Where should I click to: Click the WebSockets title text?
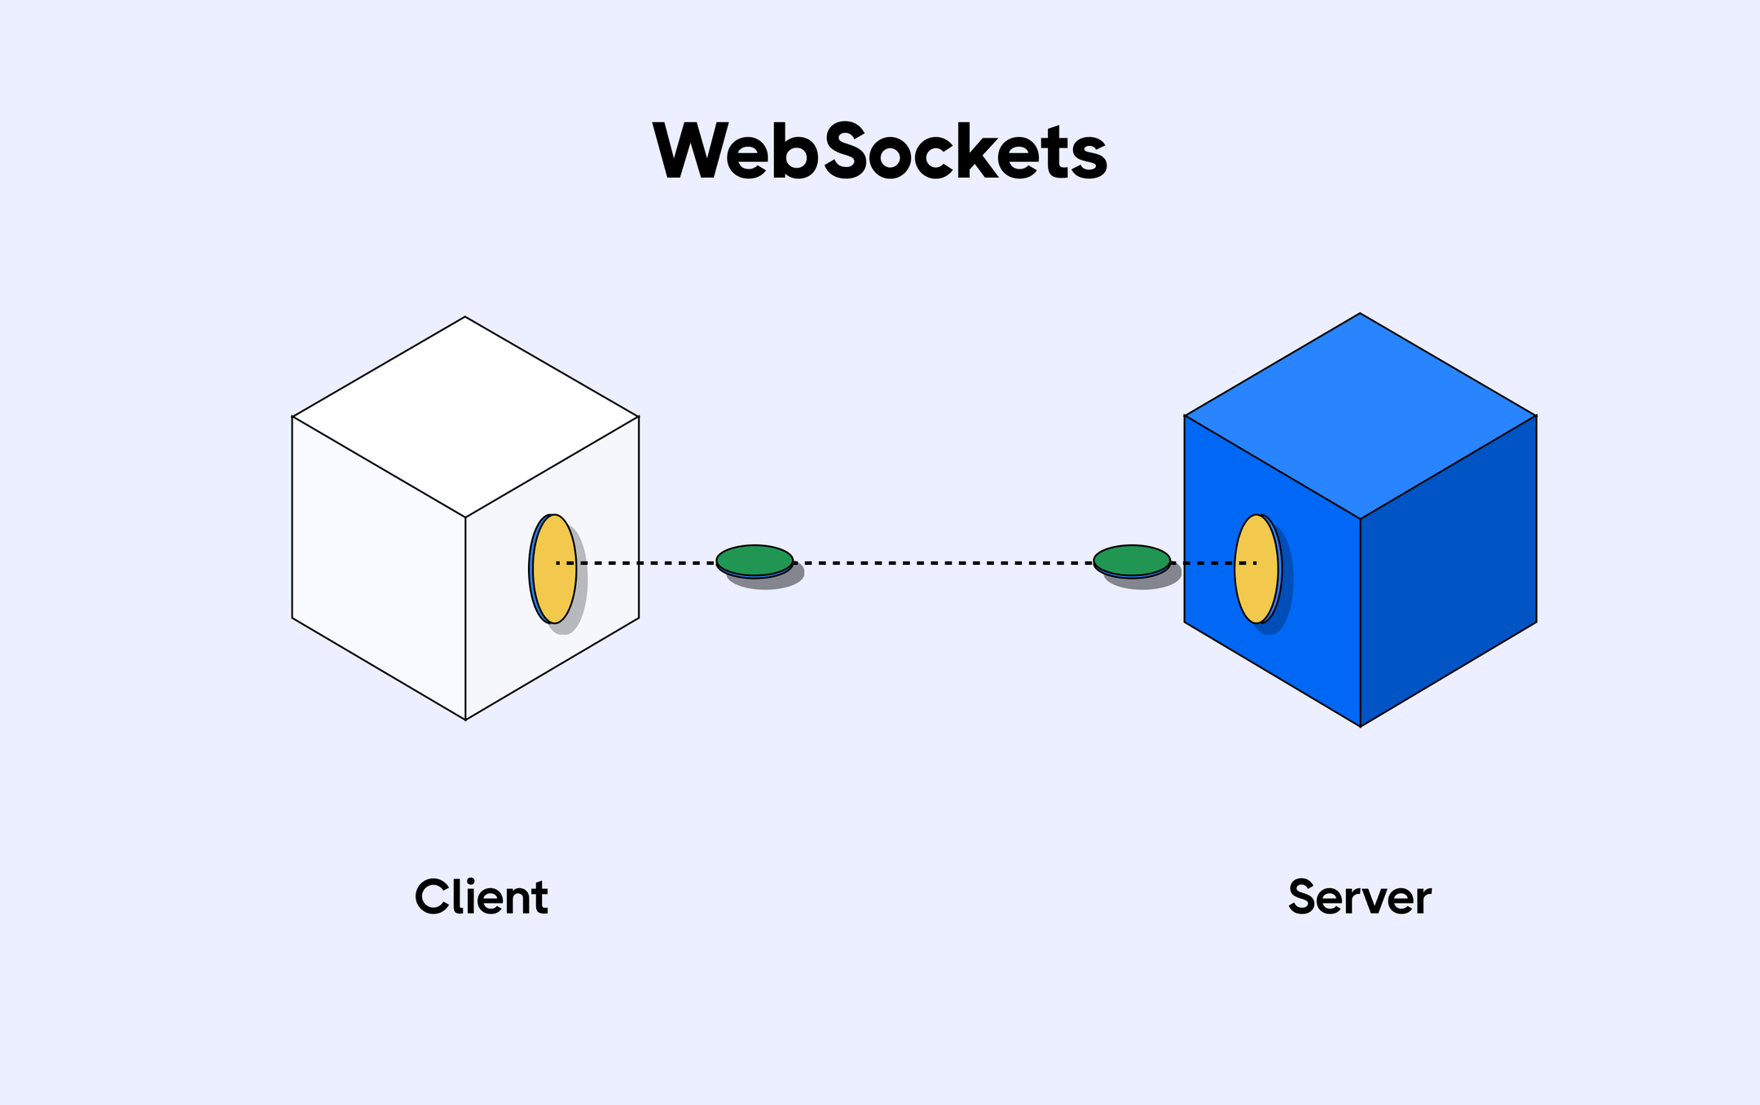tap(880, 152)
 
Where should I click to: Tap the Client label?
tap(481, 897)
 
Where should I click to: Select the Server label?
tap(1359, 897)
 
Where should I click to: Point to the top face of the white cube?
tap(465, 416)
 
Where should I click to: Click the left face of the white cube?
tap(379, 568)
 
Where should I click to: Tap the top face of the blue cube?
tap(1360, 416)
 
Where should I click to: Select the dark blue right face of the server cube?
tap(1449, 570)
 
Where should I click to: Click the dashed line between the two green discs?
tap(943, 563)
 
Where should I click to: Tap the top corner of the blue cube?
tap(1360, 314)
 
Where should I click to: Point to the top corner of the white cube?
tap(465, 317)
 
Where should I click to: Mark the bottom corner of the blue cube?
tap(1360, 725)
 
